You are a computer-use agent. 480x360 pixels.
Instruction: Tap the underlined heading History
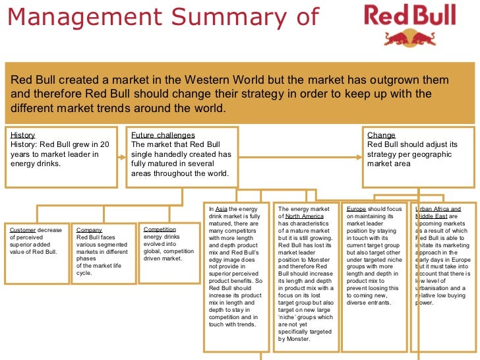(23, 135)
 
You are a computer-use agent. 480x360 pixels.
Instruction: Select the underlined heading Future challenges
(163, 135)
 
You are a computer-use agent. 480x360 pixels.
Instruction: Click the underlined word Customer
(23, 230)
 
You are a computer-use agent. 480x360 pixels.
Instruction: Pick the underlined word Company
(89, 230)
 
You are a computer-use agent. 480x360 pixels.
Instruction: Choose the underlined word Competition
(160, 230)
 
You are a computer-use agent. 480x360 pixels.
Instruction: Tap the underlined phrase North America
(305, 216)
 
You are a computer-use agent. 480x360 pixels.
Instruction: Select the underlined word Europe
(356, 208)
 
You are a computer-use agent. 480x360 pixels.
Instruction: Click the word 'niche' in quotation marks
(290, 315)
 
